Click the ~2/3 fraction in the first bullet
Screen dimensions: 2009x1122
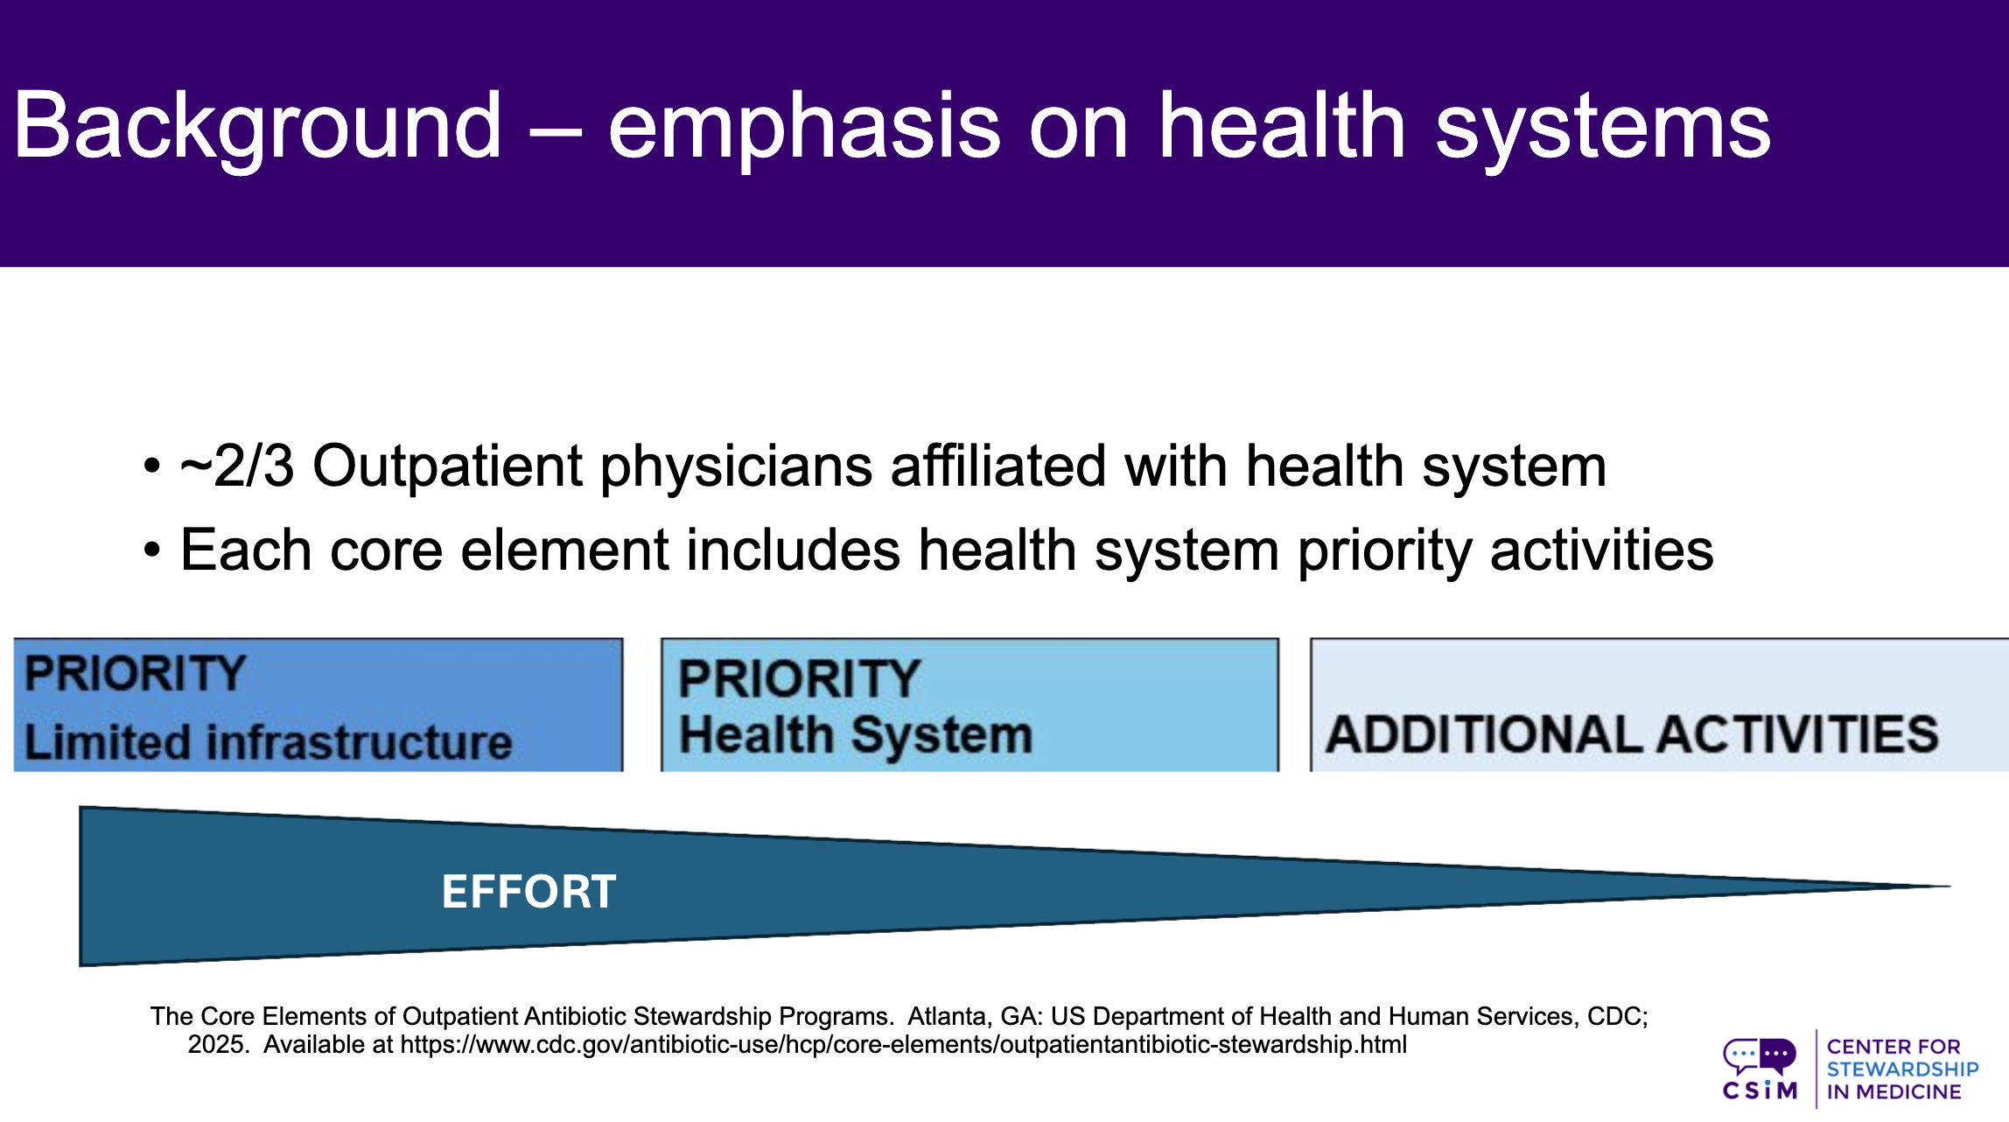point(237,466)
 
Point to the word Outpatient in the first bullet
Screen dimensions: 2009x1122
point(447,466)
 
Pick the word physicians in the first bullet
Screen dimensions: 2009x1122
point(736,466)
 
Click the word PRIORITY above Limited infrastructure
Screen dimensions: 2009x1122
point(135,674)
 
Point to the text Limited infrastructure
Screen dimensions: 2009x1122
point(268,742)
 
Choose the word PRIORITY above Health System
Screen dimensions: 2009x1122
point(800,678)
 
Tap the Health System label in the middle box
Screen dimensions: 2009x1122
point(857,734)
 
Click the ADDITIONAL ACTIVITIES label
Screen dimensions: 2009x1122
point(1632,734)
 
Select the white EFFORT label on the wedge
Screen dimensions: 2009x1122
point(528,892)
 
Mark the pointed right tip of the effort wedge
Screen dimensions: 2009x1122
point(1950,887)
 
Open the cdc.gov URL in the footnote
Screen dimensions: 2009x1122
point(904,1044)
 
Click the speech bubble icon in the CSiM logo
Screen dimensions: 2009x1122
point(1760,1055)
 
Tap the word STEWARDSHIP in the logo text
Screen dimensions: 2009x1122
point(1902,1069)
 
